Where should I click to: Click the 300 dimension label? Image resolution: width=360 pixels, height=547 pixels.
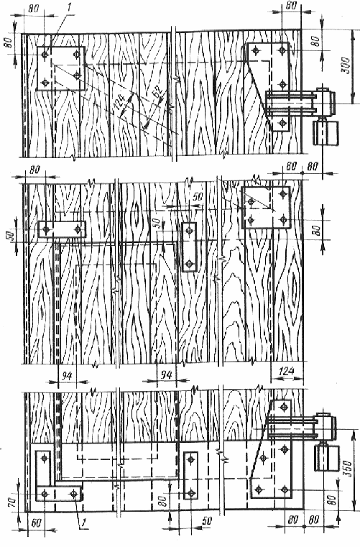346,65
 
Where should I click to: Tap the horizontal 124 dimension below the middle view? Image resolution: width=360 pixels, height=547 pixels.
287,371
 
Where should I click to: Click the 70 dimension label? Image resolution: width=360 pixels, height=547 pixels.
11,502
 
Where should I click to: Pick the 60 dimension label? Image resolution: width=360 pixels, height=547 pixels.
36,523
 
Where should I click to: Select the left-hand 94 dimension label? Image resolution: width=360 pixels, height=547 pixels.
67,376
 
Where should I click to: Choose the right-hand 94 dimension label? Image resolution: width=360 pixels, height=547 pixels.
166,374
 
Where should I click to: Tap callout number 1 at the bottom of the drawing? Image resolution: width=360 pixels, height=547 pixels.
83,523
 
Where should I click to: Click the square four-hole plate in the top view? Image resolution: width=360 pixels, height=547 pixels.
60,69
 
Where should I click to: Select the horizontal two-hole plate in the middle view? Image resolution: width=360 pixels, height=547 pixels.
62,229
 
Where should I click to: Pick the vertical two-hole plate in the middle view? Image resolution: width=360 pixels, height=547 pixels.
190,247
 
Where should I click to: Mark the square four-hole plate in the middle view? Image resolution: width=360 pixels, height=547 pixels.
266,208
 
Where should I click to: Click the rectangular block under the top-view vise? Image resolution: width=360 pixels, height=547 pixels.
326,133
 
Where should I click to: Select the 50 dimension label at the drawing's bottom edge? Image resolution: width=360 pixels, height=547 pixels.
207,520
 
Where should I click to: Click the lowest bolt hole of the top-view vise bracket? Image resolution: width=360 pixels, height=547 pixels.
282,122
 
